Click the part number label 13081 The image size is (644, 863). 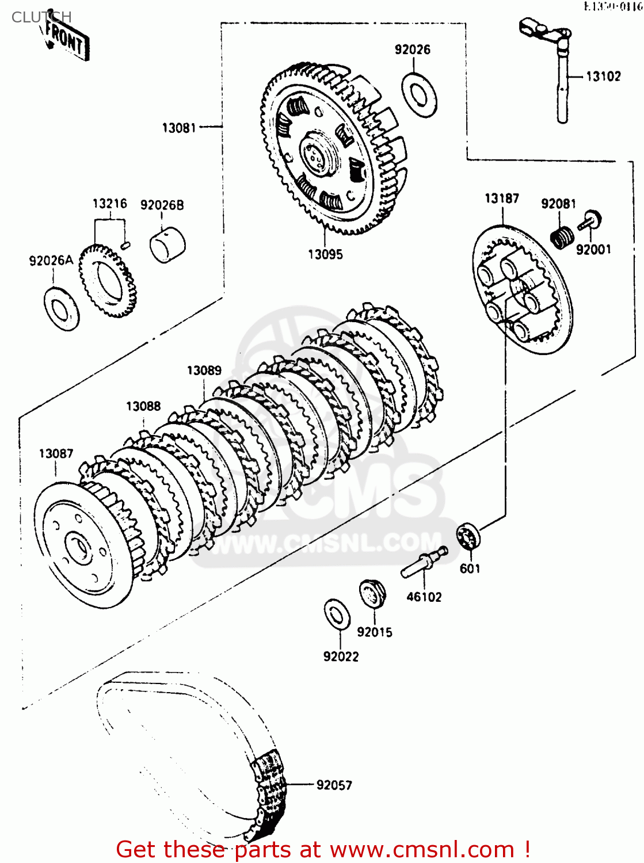179,128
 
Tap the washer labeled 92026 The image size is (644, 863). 419,95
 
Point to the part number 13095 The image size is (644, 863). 325,254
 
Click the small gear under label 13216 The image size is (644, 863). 108,280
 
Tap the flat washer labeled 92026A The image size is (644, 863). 62,308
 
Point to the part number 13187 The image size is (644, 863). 502,198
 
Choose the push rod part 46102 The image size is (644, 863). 424,562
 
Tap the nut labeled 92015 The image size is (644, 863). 372,593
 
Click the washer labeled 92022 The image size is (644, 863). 337,614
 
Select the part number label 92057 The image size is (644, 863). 334,785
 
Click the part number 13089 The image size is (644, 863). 204,371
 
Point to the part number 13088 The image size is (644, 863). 143,406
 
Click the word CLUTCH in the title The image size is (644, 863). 41,17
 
